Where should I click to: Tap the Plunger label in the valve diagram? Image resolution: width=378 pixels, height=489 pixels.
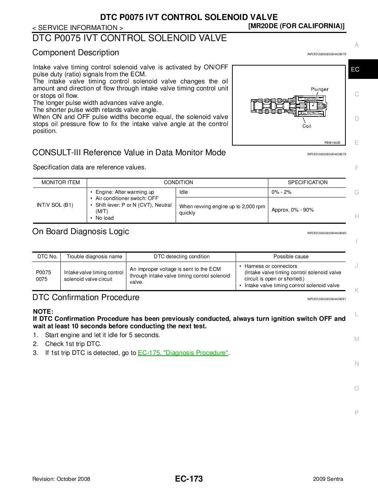pos(319,89)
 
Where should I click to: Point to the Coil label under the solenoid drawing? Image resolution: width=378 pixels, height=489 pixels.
pos(307,126)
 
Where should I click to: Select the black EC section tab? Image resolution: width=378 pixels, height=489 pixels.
pos(355,69)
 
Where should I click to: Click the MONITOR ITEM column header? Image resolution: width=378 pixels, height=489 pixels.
pos(60,182)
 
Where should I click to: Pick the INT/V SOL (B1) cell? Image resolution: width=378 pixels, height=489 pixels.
pos(55,205)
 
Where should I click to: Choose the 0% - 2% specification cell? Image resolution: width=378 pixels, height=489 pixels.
pos(281,192)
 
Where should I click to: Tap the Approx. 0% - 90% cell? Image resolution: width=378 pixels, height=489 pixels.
pos(292,210)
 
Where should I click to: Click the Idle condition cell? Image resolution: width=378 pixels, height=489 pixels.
pos(183,192)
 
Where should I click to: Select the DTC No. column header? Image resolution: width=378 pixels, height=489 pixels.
pos(47,256)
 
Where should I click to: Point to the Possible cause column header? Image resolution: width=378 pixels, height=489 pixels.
pos(291,256)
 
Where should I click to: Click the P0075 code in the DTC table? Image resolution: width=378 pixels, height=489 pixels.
pos(43,272)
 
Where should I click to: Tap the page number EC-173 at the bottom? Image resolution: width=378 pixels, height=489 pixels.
pos(189,479)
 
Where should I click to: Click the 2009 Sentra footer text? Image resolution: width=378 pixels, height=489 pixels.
pos(328,479)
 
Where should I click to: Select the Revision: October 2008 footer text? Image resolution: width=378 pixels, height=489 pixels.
pos(61,479)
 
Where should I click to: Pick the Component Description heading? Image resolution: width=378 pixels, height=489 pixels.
pos(76,53)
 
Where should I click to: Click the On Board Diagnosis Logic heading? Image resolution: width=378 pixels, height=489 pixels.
pos(80,232)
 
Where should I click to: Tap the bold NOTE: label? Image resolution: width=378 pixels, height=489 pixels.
pos(43,312)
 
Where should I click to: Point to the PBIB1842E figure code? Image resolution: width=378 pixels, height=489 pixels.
pos(332,143)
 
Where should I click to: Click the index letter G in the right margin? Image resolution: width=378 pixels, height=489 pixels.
pos(357,192)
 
